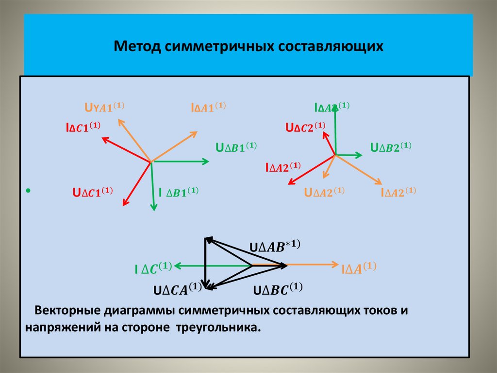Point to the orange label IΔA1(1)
(x=208, y=107)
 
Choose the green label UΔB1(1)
(x=236, y=147)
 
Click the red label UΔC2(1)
(x=305, y=127)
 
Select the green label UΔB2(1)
(x=391, y=147)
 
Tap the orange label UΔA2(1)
(x=324, y=192)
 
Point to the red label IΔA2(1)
(x=283, y=167)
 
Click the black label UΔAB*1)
(x=275, y=247)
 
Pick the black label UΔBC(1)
(x=278, y=289)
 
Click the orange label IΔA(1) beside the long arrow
(x=359, y=268)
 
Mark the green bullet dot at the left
(x=29, y=190)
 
